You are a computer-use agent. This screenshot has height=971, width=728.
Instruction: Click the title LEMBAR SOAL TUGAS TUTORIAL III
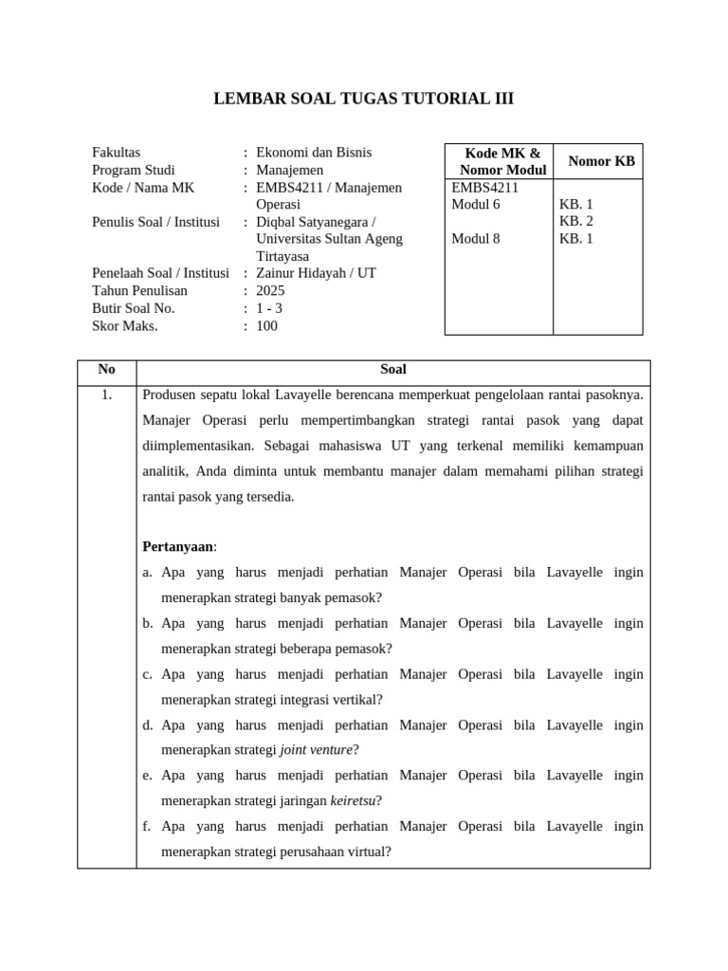pyautogui.click(x=364, y=100)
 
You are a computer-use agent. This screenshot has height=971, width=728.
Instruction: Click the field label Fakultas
pyautogui.click(x=117, y=152)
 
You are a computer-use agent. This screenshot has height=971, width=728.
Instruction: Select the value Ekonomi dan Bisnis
pyautogui.click(x=314, y=152)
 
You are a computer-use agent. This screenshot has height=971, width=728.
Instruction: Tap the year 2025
pyautogui.click(x=270, y=290)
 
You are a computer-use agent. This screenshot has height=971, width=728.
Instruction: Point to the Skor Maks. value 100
pyautogui.click(x=267, y=325)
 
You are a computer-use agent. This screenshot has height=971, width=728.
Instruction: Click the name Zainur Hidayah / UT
pyautogui.click(x=316, y=273)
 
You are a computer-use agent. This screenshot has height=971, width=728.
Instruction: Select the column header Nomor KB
pyautogui.click(x=601, y=161)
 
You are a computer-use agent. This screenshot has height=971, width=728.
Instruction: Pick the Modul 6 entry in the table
pyautogui.click(x=476, y=204)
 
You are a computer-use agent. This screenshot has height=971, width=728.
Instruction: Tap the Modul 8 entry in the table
pyautogui.click(x=476, y=238)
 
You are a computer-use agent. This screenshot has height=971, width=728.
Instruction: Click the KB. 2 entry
pyautogui.click(x=576, y=221)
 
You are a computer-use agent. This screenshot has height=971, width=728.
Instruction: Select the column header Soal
pyautogui.click(x=392, y=370)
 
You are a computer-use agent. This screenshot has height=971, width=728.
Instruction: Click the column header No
pyautogui.click(x=107, y=370)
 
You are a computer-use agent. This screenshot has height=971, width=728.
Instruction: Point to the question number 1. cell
pyautogui.click(x=106, y=394)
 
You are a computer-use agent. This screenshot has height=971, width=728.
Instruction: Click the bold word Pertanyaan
pyautogui.click(x=178, y=547)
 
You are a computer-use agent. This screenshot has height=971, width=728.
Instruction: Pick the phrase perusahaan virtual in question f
pyautogui.click(x=332, y=852)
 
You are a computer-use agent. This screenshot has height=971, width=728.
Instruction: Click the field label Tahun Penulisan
pyautogui.click(x=139, y=290)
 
